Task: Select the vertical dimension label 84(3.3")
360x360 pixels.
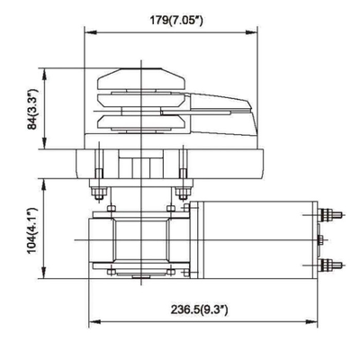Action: (34, 115)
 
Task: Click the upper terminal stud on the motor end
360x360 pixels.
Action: (333, 214)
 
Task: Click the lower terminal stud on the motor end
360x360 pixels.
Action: (333, 264)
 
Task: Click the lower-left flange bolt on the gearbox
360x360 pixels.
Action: (109, 272)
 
